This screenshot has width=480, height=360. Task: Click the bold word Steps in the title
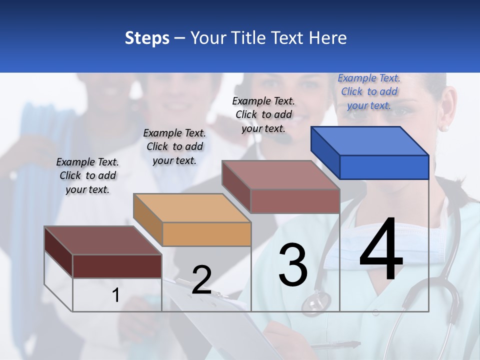147,38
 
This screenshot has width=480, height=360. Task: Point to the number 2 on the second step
201,280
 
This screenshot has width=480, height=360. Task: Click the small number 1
115,295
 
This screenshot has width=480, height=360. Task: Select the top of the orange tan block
192,207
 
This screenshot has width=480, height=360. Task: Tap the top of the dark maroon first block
102,240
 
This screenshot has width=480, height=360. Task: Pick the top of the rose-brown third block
281,175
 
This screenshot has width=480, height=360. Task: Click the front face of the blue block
384,167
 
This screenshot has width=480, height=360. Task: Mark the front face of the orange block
206,234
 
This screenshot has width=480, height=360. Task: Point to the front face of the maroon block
117,266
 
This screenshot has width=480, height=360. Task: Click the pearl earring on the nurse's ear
444,128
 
